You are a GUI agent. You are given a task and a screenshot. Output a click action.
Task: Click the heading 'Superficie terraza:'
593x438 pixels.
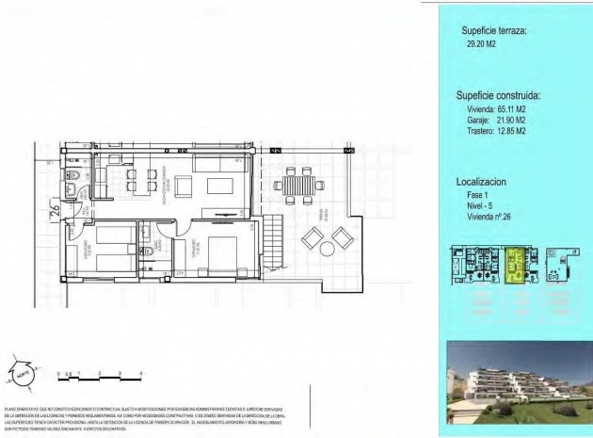point(493,31)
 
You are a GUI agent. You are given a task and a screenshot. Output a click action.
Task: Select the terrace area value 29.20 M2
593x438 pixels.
point(480,43)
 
